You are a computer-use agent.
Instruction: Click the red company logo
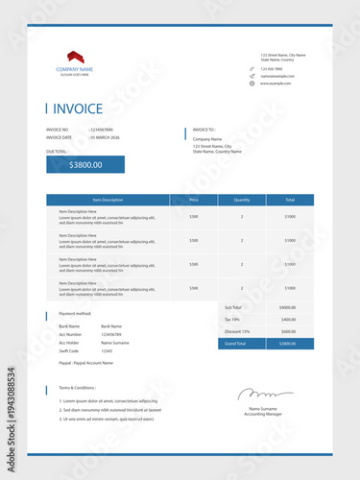point(74,57)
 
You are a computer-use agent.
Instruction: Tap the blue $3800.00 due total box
point(85,164)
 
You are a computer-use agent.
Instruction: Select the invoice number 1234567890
point(102,129)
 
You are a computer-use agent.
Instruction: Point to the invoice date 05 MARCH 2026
point(106,138)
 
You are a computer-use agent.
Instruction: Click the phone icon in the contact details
point(252,68)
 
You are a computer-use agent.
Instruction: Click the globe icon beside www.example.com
point(252,84)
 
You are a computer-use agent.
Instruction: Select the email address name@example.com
point(277,76)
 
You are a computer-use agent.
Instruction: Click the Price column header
point(194,200)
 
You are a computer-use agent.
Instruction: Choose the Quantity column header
point(242,200)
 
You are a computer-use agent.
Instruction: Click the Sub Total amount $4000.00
point(288,307)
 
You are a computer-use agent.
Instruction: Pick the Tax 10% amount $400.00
point(288,319)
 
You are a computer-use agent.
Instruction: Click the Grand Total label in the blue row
point(235,343)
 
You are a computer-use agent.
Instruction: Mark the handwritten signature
point(258,394)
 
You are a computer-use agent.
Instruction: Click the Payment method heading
point(75,313)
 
